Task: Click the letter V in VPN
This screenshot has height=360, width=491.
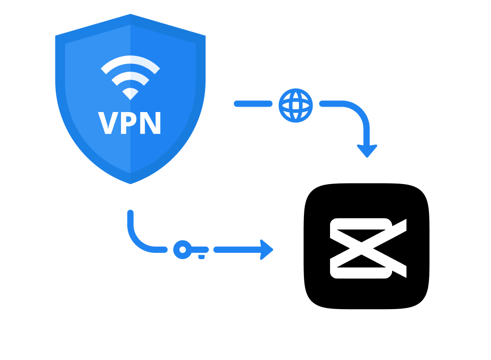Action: tap(108, 123)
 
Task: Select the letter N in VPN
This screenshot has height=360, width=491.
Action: tap(151, 123)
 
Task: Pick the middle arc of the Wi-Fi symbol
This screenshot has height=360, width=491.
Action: tap(130, 75)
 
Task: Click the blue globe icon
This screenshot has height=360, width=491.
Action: tap(295, 105)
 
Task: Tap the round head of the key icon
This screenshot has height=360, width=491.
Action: tap(182, 249)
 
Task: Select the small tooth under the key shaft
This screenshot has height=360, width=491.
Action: tap(202, 257)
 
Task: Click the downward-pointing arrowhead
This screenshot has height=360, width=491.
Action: tap(367, 151)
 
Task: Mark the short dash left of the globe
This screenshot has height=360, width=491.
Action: tap(253, 104)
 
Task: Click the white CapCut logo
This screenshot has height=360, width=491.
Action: tap(368, 248)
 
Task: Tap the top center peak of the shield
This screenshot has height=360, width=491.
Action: tap(130, 15)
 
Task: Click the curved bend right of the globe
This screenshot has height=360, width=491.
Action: tap(357, 110)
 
